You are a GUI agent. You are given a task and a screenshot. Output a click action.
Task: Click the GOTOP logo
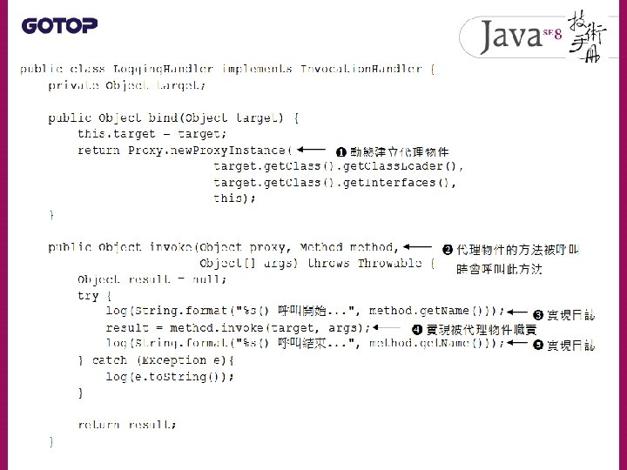click(59, 25)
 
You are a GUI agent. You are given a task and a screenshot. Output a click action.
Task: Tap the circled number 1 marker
click(342, 151)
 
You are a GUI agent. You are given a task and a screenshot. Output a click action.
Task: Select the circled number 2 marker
click(448, 251)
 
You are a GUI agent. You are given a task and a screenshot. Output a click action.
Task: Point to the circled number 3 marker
click(538, 314)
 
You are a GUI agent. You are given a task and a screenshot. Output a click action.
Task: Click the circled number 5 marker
click(538, 346)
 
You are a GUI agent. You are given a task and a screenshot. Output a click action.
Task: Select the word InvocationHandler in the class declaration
click(361, 68)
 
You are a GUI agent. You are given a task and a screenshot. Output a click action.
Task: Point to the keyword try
click(88, 295)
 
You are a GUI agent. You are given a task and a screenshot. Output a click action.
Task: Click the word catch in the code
click(109, 359)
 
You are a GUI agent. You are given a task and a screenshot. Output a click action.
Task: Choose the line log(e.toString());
click(169, 376)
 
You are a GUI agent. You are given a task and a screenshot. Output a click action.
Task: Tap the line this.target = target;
click(152, 134)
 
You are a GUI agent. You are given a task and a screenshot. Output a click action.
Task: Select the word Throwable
click(389, 263)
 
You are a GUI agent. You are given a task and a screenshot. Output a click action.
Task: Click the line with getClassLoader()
click(339, 165)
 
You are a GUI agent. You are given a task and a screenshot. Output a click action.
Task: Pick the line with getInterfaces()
click(335, 182)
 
